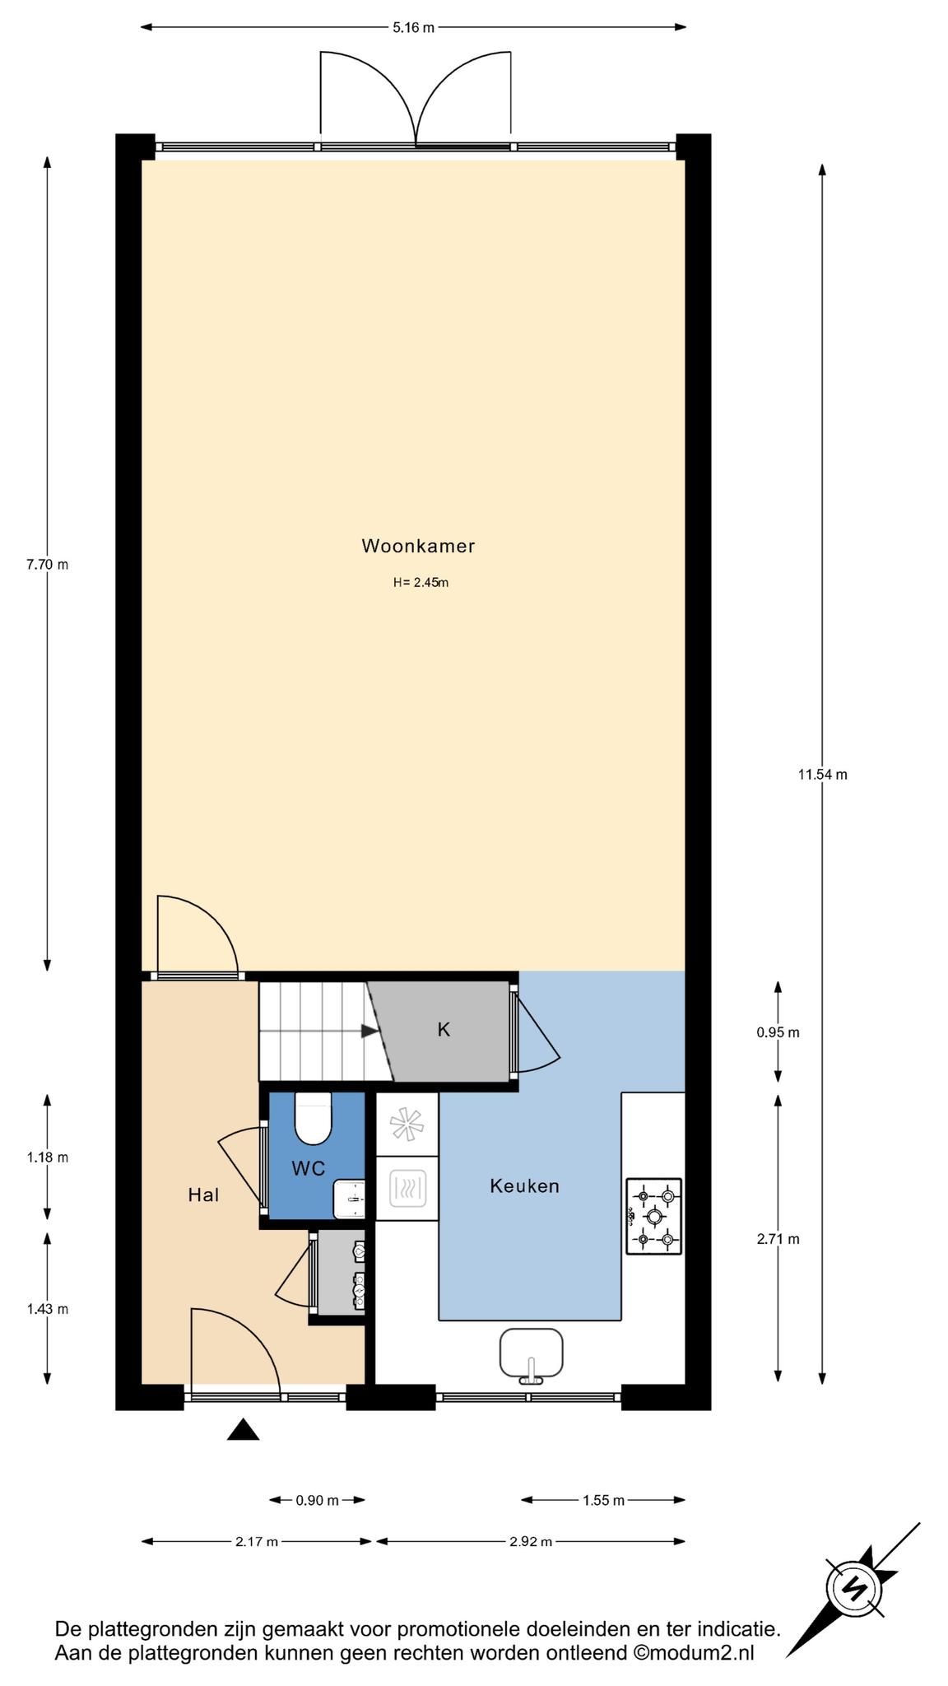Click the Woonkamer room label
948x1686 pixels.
[x=418, y=546]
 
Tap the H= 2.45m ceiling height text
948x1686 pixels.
[x=421, y=583]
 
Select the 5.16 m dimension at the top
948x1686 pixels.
[x=413, y=27]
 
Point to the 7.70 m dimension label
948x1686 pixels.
[x=47, y=565]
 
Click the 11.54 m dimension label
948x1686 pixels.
[x=822, y=774]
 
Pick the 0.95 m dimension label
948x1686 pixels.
[x=778, y=1032]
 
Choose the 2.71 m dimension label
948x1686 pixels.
[x=778, y=1238]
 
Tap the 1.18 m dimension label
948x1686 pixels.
[x=47, y=1157]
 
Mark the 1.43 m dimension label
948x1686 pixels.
[x=47, y=1309]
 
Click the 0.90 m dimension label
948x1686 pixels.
[x=317, y=1500]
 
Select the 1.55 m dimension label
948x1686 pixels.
[x=603, y=1500]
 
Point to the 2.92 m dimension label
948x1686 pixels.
[x=531, y=1541]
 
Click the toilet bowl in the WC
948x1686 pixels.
[x=313, y=1119]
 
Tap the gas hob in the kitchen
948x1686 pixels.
[x=654, y=1216]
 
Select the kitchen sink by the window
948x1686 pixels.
[x=532, y=1353]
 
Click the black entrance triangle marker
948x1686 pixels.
[x=244, y=1429]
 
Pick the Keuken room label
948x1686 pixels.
[x=524, y=1186]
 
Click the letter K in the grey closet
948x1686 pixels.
[x=444, y=1030]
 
